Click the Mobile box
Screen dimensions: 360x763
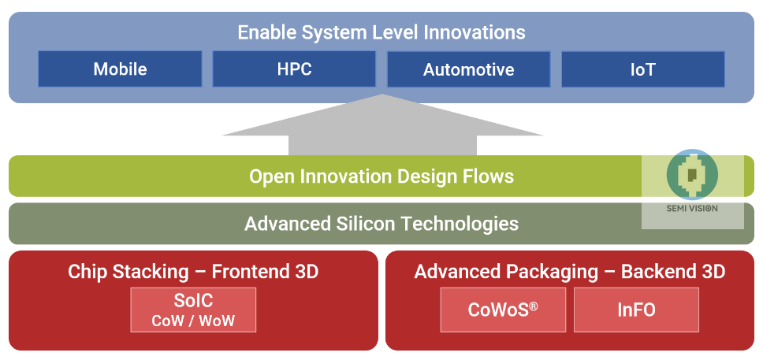tap(120, 69)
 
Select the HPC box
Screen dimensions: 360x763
tap(294, 69)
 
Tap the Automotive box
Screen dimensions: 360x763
tap(468, 69)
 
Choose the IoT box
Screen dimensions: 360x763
tap(642, 69)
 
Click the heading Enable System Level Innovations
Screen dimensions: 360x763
tap(381, 33)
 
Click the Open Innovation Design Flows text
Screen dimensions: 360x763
tap(381, 176)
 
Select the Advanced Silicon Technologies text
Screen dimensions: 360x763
tap(381, 224)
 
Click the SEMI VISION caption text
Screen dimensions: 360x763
tap(692, 210)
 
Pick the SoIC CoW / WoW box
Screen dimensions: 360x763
tap(193, 310)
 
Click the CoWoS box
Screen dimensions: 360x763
tap(503, 310)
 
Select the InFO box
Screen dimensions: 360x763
tap(636, 310)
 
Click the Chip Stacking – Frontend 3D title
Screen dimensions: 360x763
tap(193, 272)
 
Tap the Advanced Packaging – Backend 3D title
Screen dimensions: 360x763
tap(569, 272)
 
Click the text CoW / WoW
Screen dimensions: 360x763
tap(193, 321)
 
